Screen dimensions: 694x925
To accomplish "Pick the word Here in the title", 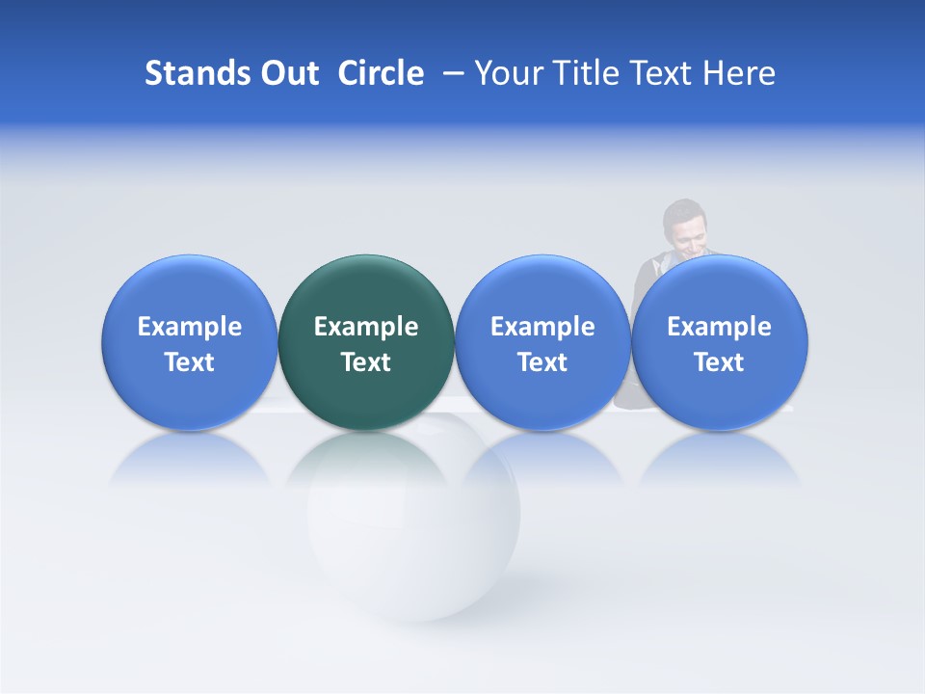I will [739, 73].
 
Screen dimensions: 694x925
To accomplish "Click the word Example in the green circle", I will [366, 327].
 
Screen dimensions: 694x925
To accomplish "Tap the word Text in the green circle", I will [366, 362].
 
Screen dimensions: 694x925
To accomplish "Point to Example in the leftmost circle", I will [189, 327].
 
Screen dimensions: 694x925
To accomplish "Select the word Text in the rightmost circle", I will [720, 362].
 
